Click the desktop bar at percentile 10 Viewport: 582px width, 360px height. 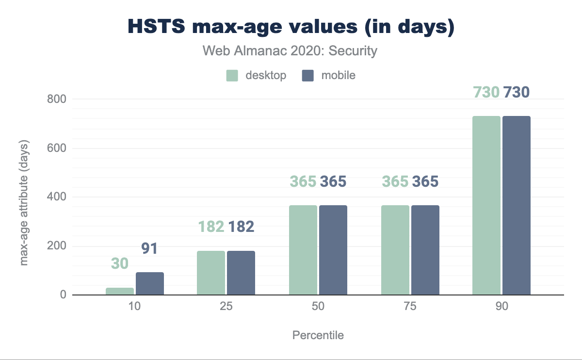[x=119, y=291]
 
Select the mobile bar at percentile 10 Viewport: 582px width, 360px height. [x=150, y=284]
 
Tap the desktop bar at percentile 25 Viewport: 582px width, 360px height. [x=211, y=273]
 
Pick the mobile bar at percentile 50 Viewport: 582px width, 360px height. [x=333, y=250]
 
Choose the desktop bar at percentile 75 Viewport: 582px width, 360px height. [x=395, y=250]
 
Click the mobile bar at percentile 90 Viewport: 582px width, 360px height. [x=517, y=205]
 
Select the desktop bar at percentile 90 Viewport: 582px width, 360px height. [x=486, y=205]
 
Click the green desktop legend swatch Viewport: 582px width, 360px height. [x=232, y=76]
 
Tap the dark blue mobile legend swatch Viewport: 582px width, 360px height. [x=307, y=76]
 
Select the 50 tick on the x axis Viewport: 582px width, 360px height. [x=318, y=307]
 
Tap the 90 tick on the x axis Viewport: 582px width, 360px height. [x=501, y=307]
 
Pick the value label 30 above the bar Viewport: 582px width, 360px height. [x=119, y=263]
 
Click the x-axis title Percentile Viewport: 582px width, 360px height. [x=318, y=335]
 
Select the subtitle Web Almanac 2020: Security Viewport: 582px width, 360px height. [x=290, y=50]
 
